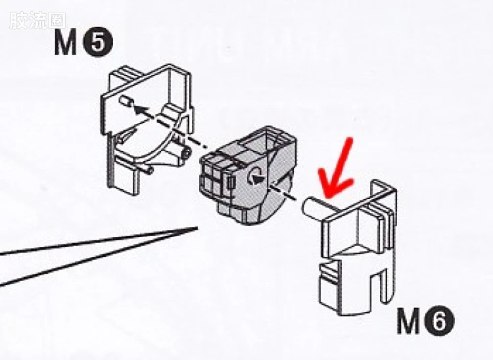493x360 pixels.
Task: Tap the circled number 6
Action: coord(440,321)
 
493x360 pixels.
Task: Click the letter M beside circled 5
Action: coord(66,43)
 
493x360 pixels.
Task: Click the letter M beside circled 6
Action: coord(409,321)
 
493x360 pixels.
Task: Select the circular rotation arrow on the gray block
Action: coord(254,176)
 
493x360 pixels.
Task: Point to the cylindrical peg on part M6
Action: coord(313,208)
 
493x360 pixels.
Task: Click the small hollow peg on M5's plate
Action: coord(127,101)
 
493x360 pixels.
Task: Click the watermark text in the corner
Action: coord(37,20)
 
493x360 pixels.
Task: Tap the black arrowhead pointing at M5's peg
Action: coord(141,110)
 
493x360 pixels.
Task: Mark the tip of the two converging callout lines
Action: coord(197,227)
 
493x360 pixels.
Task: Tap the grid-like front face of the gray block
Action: coord(214,180)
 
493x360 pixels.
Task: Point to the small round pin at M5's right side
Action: coord(186,153)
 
